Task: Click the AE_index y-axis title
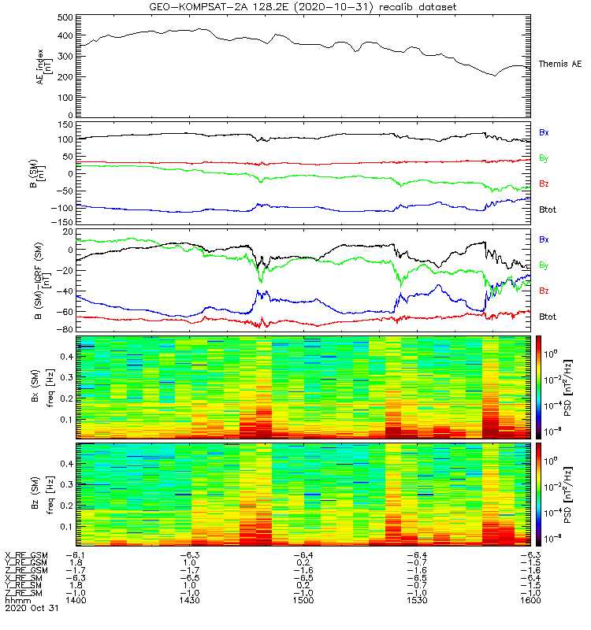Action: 43,65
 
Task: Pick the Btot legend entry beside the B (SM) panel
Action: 548,209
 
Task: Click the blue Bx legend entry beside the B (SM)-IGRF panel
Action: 543,239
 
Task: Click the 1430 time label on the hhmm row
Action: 190,601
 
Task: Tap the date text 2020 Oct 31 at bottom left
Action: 31,609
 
